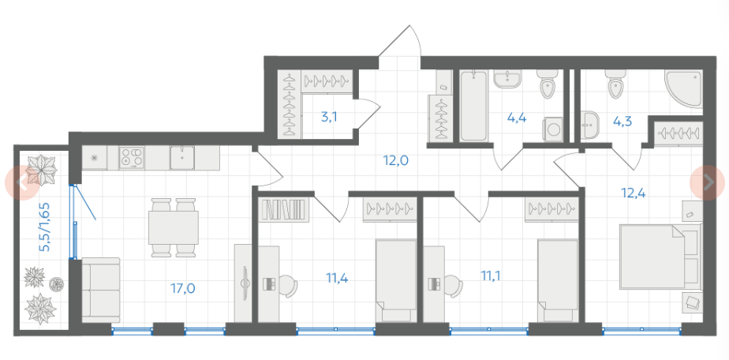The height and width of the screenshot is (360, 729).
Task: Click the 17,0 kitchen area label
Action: coord(183,288)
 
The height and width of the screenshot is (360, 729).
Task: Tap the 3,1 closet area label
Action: coord(329,117)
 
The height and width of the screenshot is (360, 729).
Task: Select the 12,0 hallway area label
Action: coord(395,160)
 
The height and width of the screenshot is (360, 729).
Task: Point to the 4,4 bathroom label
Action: coord(517,118)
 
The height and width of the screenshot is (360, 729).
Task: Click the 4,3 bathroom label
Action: coord(622,122)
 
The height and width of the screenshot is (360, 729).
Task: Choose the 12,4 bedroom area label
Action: coord(634,192)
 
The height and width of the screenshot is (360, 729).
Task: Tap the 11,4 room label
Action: coord(337,279)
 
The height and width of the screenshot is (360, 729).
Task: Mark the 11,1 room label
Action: coord(491,276)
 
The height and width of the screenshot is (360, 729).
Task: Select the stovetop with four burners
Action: coord(132,158)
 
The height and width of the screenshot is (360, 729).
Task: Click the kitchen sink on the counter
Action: coord(181,158)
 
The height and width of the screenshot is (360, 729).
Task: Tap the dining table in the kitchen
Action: coord(174,227)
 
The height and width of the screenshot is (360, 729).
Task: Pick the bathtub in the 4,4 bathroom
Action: coord(473,106)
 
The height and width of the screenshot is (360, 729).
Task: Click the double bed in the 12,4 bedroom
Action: coord(660,257)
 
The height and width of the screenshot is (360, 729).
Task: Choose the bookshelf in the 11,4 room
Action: coord(284,209)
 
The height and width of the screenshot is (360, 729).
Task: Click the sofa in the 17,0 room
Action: coord(101,291)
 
